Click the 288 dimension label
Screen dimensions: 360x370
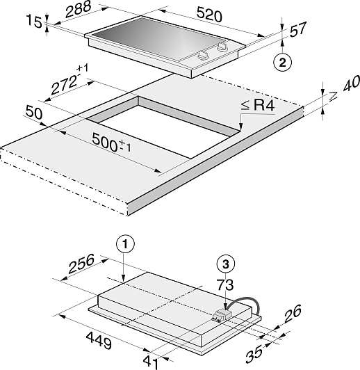(x=78, y=9)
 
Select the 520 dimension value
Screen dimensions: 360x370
(x=209, y=15)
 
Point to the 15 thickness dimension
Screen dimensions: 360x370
(x=35, y=21)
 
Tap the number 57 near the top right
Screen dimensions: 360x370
(x=297, y=29)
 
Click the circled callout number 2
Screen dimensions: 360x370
(x=282, y=63)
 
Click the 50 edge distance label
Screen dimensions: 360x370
(x=34, y=112)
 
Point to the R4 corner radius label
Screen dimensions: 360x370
(x=257, y=105)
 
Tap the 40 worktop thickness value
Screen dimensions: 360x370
(x=351, y=83)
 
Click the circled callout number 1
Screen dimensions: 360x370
(x=125, y=244)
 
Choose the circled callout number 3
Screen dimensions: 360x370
(x=226, y=264)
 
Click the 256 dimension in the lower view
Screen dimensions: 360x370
(x=81, y=263)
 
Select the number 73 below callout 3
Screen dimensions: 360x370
(x=225, y=284)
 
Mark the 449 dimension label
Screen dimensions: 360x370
(x=99, y=341)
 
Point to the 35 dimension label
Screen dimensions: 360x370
(x=254, y=354)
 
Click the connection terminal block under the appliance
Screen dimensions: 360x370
(x=222, y=316)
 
